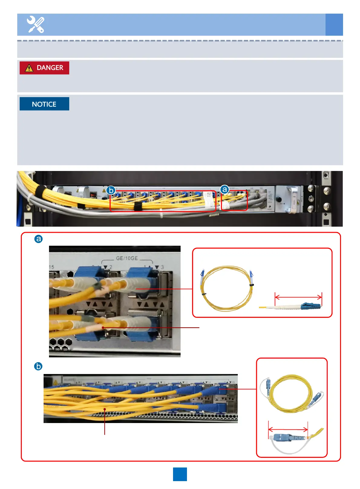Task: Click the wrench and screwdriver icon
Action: tap(35, 25)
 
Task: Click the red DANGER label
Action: tap(44, 68)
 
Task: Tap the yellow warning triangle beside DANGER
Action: tap(29, 68)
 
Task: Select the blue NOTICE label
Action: tap(44, 104)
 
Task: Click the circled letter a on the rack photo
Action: tap(224, 189)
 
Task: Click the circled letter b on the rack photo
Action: tap(111, 190)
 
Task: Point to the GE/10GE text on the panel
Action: tap(127, 258)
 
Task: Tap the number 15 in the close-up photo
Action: tap(51, 267)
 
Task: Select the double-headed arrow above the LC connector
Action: tap(298, 297)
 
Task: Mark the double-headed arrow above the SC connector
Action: tap(288, 429)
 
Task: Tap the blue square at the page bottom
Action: tap(180, 474)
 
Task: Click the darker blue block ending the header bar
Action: tap(334, 25)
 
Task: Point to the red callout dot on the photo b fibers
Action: tap(105, 409)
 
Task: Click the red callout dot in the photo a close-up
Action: tap(103, 327)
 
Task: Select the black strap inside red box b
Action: tap(138, 206)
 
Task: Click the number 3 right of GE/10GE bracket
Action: tap(162, 267)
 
